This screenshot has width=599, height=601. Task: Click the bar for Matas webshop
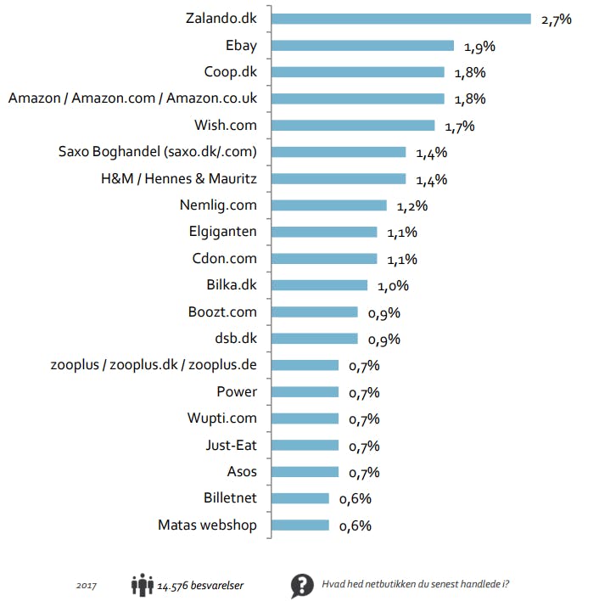click(x=298, y=525)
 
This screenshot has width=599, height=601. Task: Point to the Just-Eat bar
click(x=303, y=446)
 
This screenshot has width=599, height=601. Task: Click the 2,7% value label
click(x=556, y=19)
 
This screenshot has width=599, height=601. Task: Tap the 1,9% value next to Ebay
click(x=479, y=46)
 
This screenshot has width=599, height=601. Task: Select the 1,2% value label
click(x=411, y=205)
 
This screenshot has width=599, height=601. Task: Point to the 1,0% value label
click(x=393, y=285)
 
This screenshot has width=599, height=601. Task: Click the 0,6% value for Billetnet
click(x=355, y=499)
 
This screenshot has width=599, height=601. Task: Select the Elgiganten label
click(x=222, y=232)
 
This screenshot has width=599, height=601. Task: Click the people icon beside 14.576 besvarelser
click(x=141, y=585)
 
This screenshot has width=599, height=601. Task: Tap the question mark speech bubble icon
click(x=302, y=586)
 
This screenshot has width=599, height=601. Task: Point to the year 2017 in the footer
click(x=86, y=586)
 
